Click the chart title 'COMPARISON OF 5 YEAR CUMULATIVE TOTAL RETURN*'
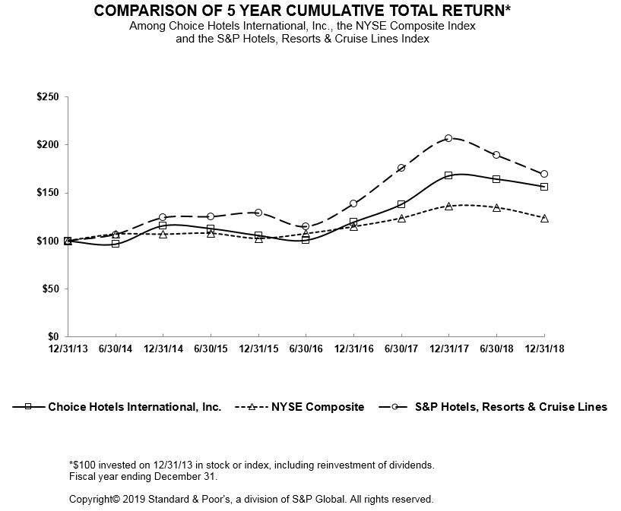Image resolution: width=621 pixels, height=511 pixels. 302,11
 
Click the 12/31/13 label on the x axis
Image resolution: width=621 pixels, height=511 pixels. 68,348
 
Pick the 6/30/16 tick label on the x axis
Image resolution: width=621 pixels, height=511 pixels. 306,348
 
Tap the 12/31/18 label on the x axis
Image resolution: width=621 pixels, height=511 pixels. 543,348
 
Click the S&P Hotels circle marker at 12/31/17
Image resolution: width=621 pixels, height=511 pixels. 448,138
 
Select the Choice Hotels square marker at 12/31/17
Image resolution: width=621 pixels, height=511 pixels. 448,175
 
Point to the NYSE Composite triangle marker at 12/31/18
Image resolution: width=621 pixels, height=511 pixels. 544,218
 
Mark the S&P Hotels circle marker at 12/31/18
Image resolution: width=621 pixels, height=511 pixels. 544,174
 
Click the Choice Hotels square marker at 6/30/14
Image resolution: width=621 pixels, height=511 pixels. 116,244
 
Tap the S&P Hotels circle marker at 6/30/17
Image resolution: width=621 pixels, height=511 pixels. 401,168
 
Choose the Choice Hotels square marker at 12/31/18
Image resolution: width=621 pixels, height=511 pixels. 544,187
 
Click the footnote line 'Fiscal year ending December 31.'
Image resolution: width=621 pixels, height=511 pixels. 143,477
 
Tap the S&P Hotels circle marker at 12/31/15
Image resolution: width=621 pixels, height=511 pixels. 258,213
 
